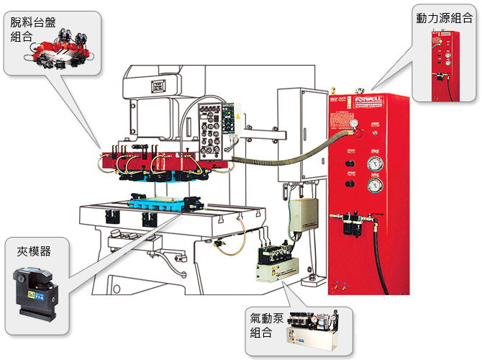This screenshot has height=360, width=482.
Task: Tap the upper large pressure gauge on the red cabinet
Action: tap(374, 162)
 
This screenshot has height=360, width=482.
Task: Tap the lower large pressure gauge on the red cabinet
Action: tap(374, 188)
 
